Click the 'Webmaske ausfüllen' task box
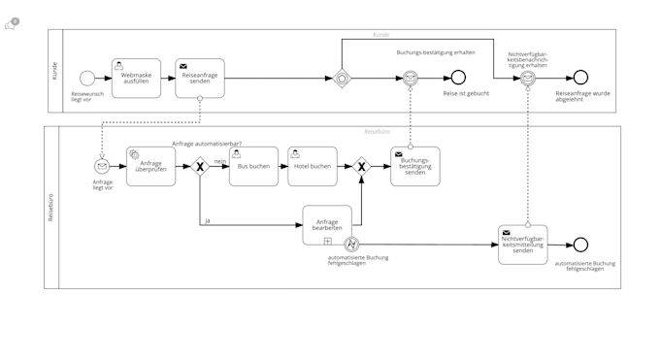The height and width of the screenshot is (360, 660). coord(136,78)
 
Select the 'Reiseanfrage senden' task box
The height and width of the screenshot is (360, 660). coord(200,78)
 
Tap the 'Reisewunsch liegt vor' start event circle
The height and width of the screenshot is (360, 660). coord(86,78)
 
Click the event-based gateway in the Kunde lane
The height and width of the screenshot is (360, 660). coord(342,78)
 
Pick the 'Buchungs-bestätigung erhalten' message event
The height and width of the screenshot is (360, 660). coord(411,78)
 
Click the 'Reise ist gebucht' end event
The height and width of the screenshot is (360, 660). coord(458,78)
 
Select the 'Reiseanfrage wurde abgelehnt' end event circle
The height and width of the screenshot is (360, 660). coord(580,78)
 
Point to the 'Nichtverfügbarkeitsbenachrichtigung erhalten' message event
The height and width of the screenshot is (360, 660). coord(528,78)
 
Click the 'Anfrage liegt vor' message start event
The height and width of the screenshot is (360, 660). coord(102,166)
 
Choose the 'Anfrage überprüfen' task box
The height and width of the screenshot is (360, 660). coord(150,166)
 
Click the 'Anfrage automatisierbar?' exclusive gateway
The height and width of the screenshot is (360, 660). coord(200,166)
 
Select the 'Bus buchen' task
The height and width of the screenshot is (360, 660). coord(253,166)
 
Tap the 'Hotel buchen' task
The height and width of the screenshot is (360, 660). coord(313,166)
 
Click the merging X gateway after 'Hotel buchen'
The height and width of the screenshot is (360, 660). coord(361,166)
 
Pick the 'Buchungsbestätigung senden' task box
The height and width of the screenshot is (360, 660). coord(414,166)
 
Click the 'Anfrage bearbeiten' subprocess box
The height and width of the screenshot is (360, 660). coord(327,225)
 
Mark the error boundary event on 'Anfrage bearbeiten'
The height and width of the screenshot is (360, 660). coord(352,244)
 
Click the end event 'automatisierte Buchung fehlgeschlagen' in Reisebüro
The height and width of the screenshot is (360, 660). coord(580,245)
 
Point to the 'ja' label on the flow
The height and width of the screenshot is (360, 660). coord(207,220)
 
